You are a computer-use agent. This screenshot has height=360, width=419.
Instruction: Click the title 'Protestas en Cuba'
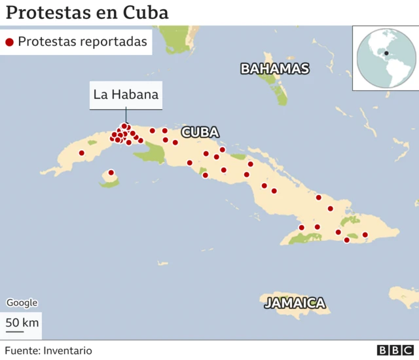[x=87, y=12]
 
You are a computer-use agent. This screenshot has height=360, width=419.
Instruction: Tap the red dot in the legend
[x=9, y=43]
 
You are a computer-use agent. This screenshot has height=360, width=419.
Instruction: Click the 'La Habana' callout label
[x=126, y=94]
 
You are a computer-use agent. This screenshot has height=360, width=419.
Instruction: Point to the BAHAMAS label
[x=274, y=69]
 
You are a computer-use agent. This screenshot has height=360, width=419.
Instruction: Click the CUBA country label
[x=200, y=132]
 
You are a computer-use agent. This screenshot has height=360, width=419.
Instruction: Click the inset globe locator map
[x=386, y=58]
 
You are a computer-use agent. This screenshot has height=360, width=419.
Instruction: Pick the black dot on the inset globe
[x=386, y=53]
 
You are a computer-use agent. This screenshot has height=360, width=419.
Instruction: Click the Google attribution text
[x=22, y=302]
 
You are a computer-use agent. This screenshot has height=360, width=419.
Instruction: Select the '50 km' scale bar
[x=22, y=323]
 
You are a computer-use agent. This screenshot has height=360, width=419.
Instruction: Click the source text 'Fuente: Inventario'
[x=48, y=350]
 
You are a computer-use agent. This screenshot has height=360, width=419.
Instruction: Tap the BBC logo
[x=395, y=350]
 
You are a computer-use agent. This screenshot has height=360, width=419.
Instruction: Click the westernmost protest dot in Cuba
[x=82, y=153]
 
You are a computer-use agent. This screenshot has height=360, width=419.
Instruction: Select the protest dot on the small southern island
[x=111, y=173]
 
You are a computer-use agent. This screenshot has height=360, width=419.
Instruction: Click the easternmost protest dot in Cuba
[x=365, y=234]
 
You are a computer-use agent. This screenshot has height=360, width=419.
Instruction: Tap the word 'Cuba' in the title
[x=147, y=12]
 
